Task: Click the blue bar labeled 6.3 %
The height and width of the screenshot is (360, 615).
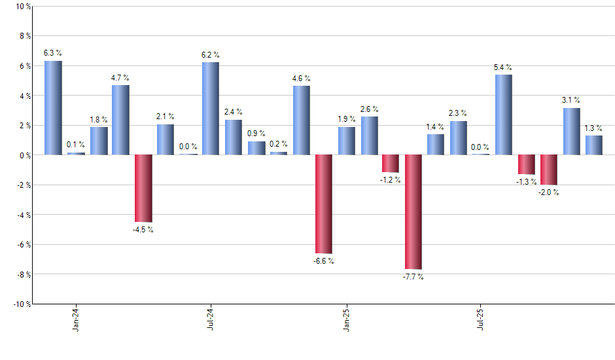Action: [x=53, y=108]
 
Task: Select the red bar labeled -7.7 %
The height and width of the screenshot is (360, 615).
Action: [x=413, y=212]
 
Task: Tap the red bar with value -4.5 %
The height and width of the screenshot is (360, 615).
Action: [x=143, y=189]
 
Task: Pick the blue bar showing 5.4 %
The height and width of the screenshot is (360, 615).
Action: [x=504, y=115]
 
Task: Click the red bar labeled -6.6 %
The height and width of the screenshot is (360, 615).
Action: [x=323, y=204]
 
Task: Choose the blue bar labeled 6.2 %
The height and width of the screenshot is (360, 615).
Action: [x=211, y=109]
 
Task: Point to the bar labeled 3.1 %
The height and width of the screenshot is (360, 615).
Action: [x=571, y=132]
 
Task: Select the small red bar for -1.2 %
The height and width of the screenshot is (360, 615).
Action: [x=391, y=164]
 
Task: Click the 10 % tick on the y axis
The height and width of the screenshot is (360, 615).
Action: [x=22, y=7]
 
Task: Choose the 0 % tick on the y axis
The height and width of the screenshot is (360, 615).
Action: [x=24, y=156]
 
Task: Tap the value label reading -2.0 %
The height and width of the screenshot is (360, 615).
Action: [x=548, y=192]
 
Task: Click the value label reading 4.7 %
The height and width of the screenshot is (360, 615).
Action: [x=120, y=78]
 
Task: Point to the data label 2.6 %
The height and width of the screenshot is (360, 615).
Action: [x=369, y=109]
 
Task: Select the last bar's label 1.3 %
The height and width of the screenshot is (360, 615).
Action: [x=593, y=128]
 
